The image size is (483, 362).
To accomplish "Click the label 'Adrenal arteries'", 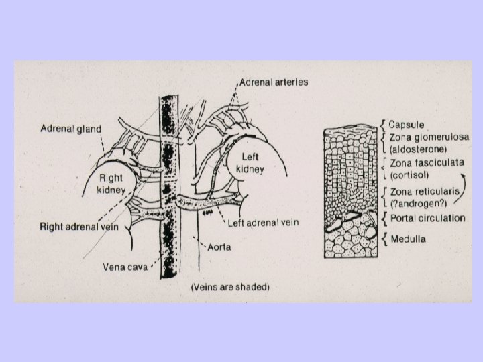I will (x=273, y=83).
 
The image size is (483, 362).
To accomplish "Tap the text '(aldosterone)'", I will (x=419, y=148).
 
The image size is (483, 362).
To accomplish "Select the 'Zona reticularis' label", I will (x=423, y=192).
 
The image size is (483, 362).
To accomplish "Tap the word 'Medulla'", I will (x=407, y=239).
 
